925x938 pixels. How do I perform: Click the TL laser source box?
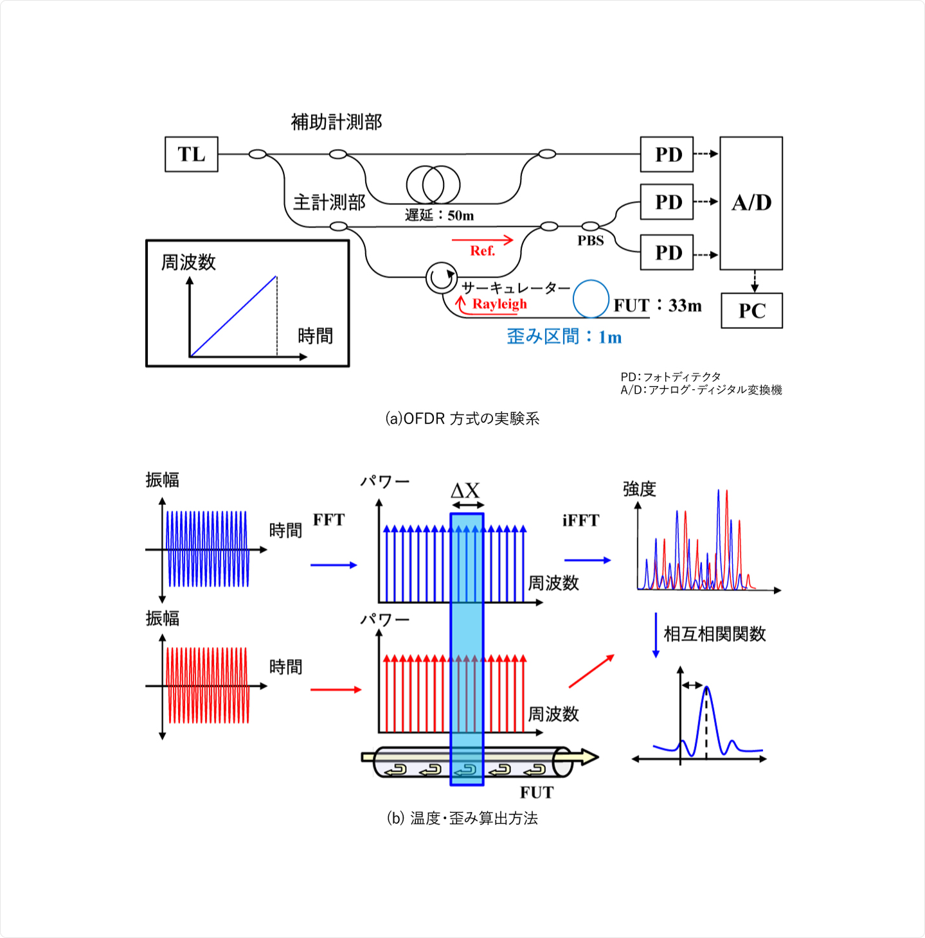coord(192,154)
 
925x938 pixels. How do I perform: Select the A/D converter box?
coord(751,203)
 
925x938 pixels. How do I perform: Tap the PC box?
coord(751,311)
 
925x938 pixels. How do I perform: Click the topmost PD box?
coord(667,154)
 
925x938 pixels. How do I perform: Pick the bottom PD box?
coord(667,252)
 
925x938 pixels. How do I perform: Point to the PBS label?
coord(590,241)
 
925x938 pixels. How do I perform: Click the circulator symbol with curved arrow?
coord(441,278)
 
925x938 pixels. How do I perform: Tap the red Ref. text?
coord(482,251)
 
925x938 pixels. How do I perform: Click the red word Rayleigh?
coord(499,304)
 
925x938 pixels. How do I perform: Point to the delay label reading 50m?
coord(439,216)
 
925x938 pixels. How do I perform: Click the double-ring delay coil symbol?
coord(433,184)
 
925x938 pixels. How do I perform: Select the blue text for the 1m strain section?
coord(564,337)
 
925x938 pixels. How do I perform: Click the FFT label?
coord(328,520)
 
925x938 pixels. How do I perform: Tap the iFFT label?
coord(580,520)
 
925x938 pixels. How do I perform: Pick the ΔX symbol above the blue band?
coord(465,491)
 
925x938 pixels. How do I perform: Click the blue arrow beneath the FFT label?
coord(333,565)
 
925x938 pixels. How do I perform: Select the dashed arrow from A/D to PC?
coord(755,281)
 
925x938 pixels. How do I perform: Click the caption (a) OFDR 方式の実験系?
coord(462,419)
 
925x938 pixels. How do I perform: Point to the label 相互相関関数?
coord(714,634)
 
